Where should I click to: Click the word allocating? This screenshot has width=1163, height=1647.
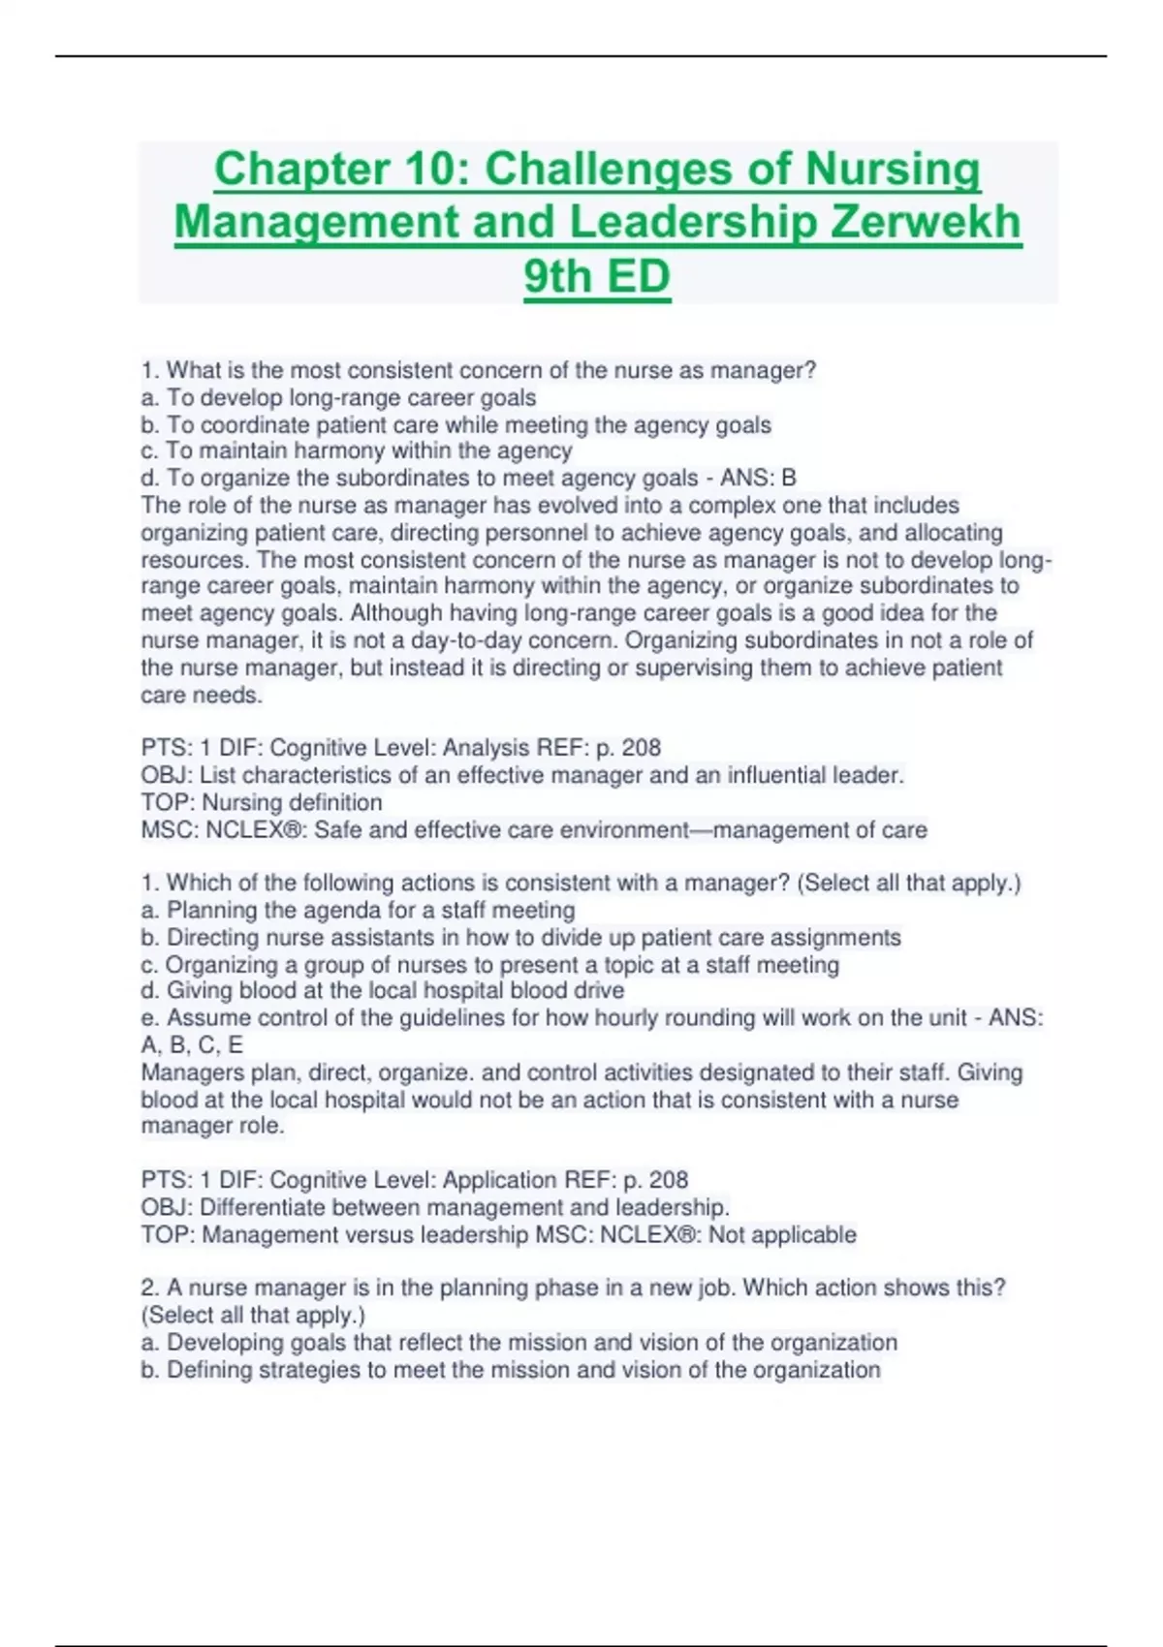coord(954,533)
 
